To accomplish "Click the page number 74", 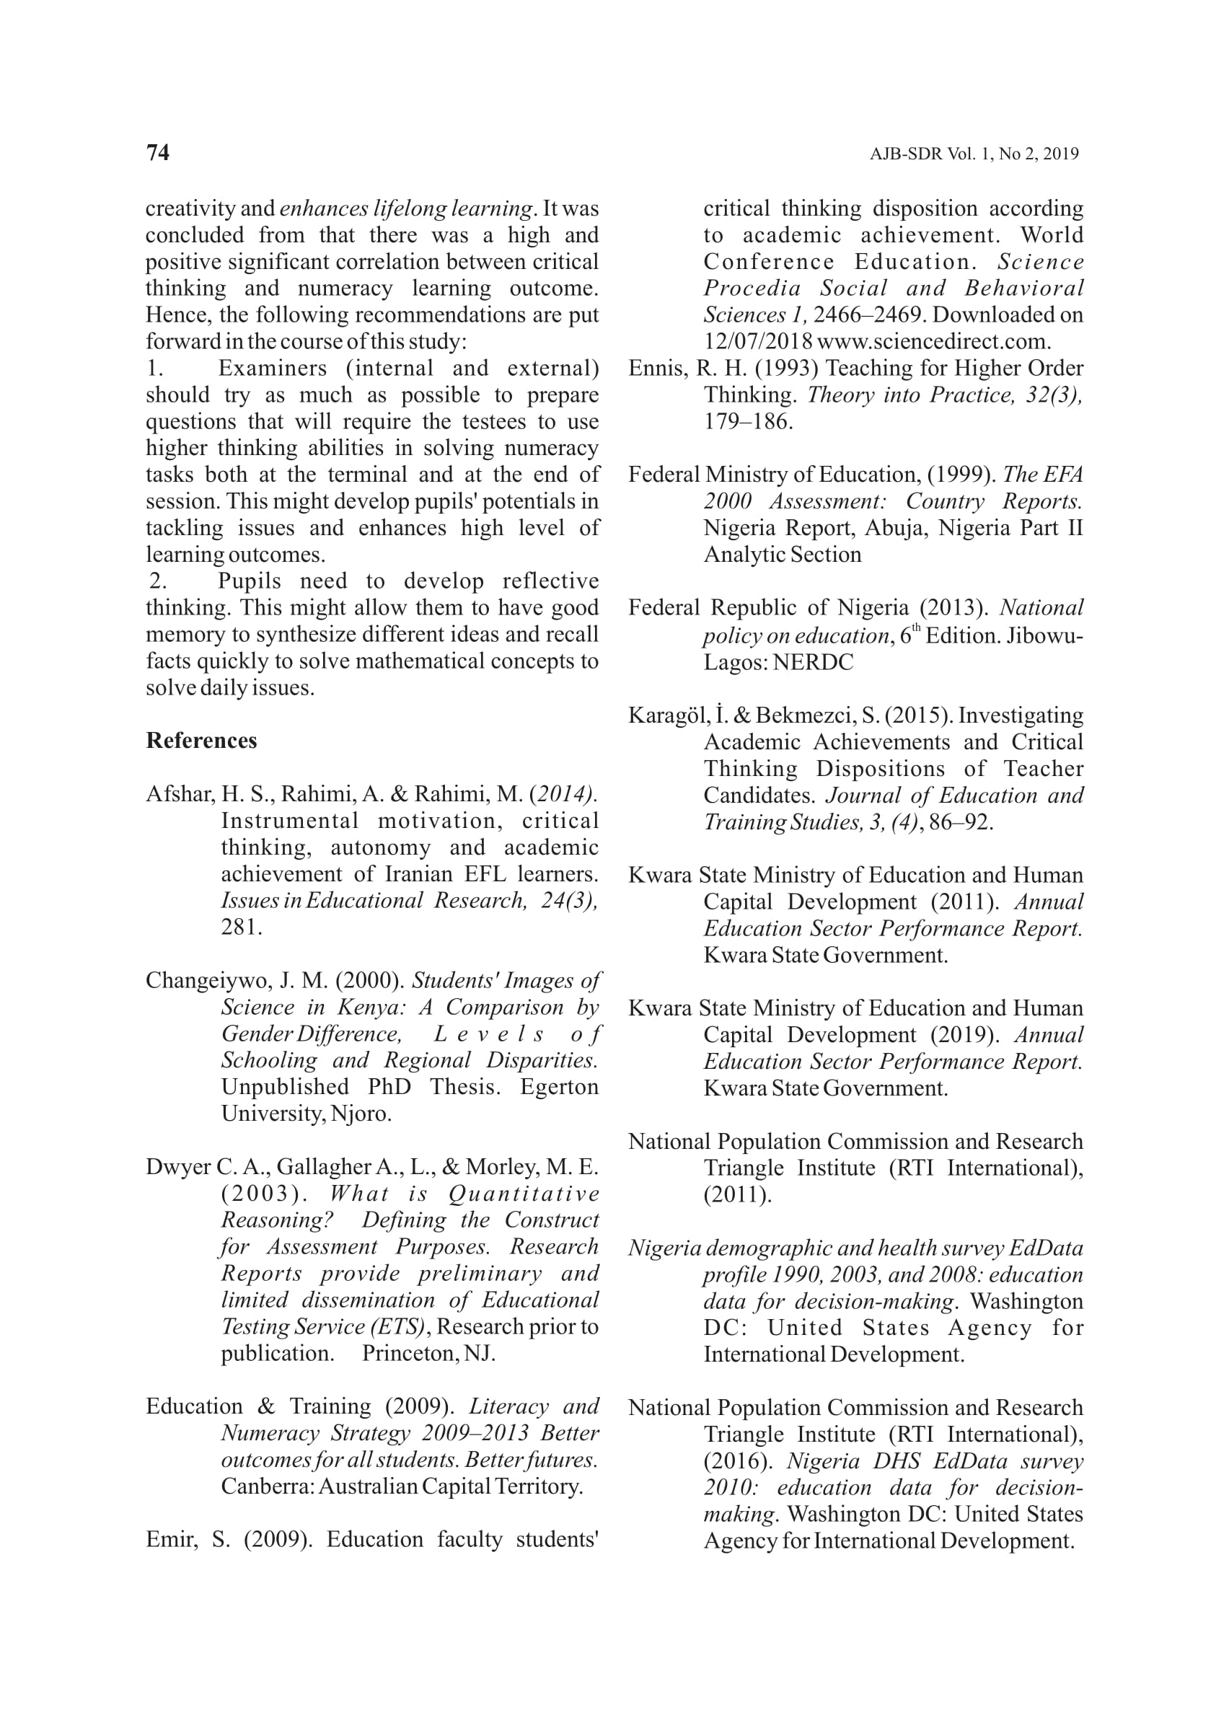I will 157,153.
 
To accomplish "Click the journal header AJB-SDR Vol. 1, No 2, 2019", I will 973,154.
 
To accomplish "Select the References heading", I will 201,741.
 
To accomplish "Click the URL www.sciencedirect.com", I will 933,342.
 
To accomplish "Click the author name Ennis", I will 656,369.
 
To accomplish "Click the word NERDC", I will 813,663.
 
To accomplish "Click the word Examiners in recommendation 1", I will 273,369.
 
